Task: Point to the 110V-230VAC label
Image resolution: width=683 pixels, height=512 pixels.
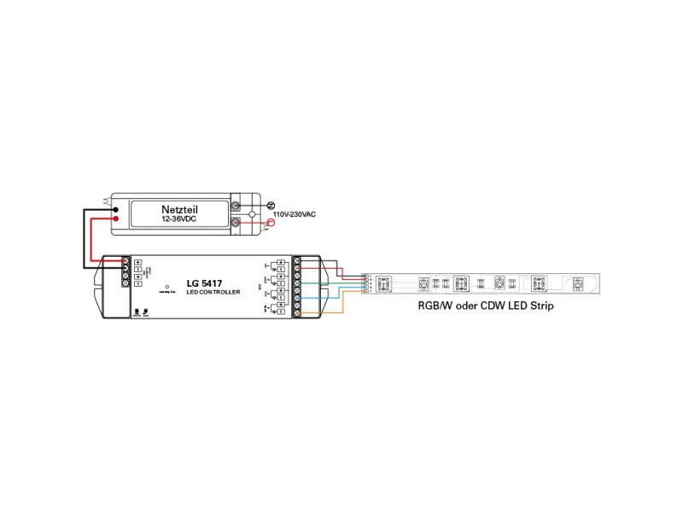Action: click(x=295, y=214)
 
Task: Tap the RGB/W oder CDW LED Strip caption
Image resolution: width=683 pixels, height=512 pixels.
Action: click(x=480, y=305)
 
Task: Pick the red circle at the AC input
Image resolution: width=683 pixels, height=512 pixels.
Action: click(x=271, y=224)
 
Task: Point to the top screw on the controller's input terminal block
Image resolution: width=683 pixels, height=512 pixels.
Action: click(x=126, y=259)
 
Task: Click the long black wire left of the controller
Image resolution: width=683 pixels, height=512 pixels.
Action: click(x=85, y=239)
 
